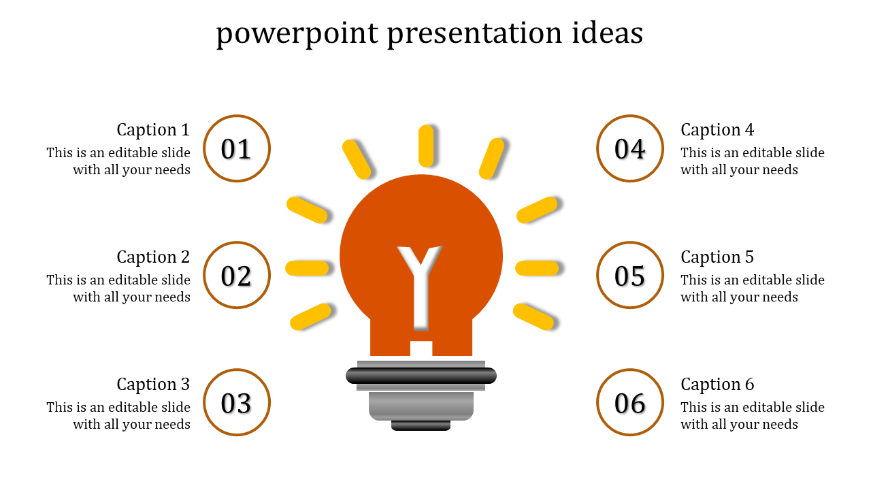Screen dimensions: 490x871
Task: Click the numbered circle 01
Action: (237, 148)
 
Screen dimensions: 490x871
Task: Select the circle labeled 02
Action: (237, 276)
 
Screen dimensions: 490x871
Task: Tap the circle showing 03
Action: (237, 403)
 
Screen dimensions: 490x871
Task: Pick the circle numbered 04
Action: (630, 148)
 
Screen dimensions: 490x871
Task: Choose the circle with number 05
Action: (630, 276)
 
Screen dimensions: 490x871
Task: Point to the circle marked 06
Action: (630, 403)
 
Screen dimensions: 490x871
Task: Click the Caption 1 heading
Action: (153, 129)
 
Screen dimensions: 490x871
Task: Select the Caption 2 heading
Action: (153, 257)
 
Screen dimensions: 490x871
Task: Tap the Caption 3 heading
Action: (153, 384)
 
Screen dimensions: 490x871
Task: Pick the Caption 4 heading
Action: (717, 129)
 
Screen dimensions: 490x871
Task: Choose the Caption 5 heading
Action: (717, 257)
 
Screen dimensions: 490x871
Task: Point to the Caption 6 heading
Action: (717, 384)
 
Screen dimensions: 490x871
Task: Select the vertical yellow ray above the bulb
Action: (426, 146)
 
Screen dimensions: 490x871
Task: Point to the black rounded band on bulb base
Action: (421, 376)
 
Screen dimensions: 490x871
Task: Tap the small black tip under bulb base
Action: (421, 425)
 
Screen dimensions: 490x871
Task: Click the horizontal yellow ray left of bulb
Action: (308, 268)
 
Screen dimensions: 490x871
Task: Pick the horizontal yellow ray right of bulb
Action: (537, 268)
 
